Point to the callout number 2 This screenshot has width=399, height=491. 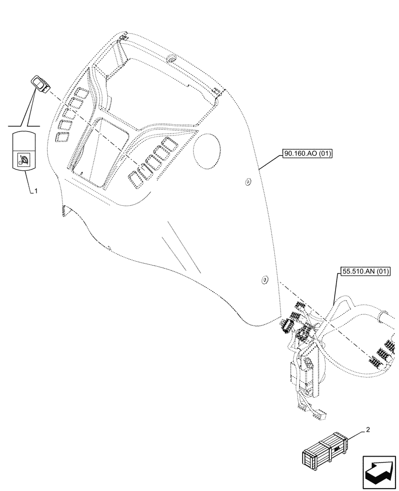click(367, 430)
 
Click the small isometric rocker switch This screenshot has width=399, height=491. click(39, 82)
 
